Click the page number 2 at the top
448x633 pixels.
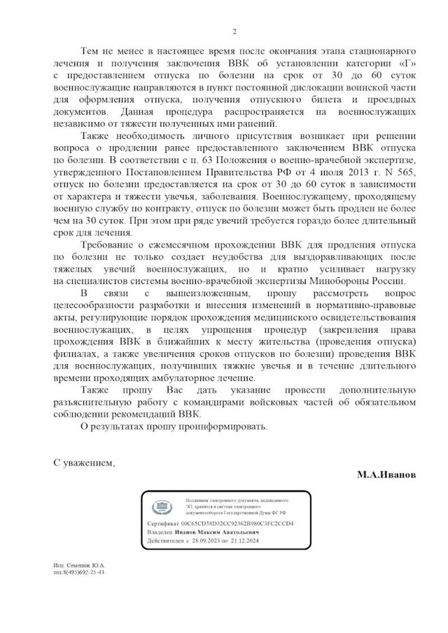pos(234,32)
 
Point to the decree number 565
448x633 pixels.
pos(398,170)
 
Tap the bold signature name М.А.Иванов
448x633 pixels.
pos(386,474)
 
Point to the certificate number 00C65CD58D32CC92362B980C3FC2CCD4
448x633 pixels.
pos(237,524)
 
